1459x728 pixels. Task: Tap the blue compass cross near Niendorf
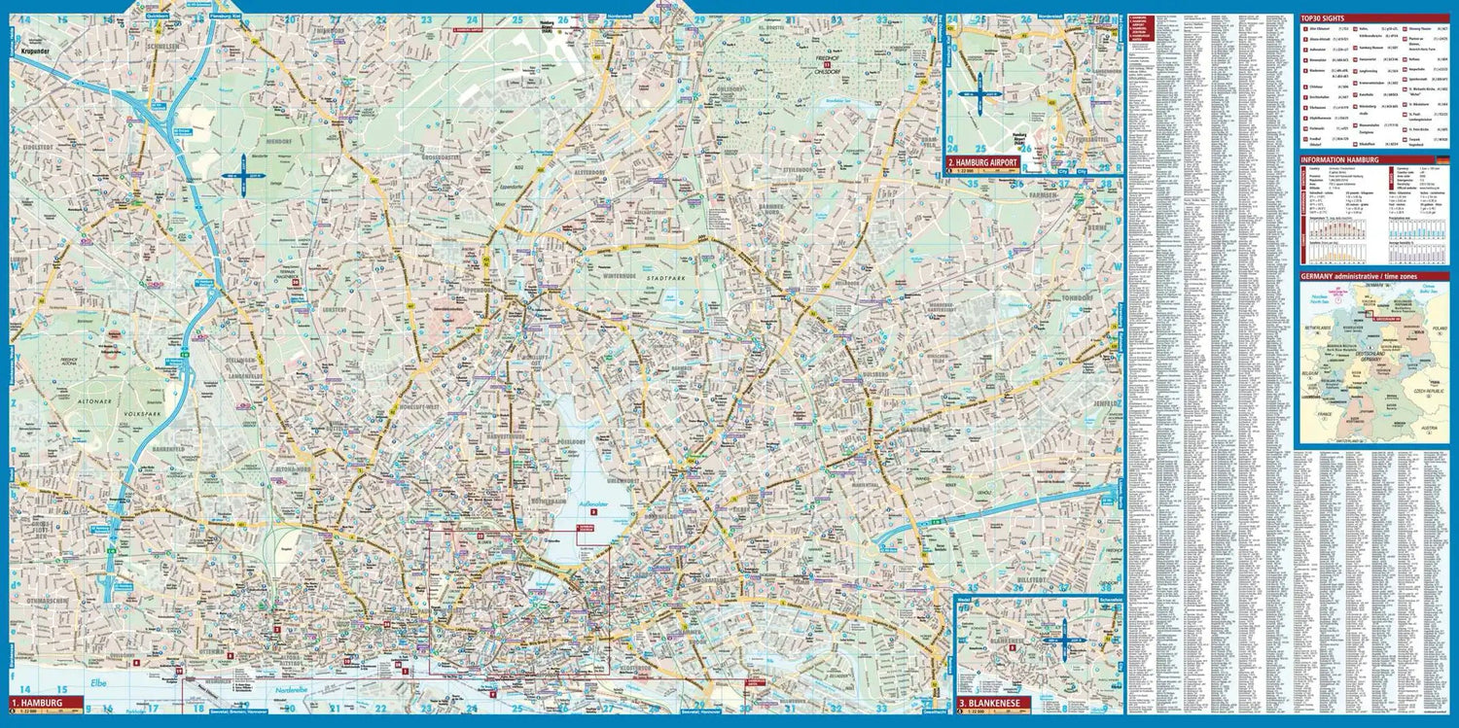(x=243, y=176)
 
